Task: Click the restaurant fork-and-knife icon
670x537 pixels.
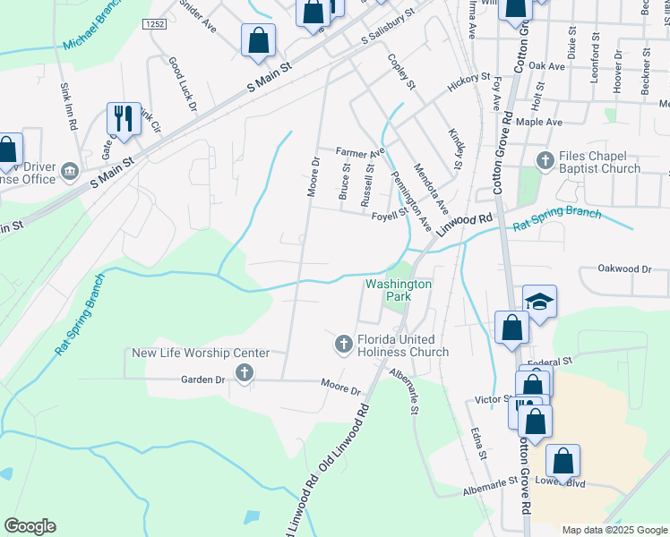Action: click(123, 118)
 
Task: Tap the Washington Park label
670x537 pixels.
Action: click(399, 290)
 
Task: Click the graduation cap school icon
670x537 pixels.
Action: click(540, 303)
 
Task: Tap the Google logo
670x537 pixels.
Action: click(30, 526)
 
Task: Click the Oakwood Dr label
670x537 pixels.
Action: click(624, 268)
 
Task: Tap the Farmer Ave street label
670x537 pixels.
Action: click(359, 152)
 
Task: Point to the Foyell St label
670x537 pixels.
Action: click(390, 214)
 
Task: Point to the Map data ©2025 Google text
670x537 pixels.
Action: click(614, 530)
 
